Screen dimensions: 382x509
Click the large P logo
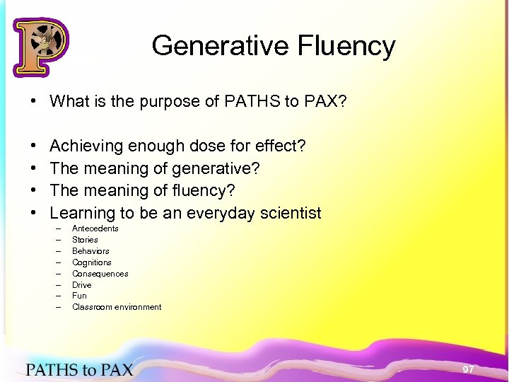40,47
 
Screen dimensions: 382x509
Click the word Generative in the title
209,46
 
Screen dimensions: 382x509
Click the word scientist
288,213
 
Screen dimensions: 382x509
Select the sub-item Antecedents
95,228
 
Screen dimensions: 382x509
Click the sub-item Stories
85,240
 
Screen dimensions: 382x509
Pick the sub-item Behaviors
90,251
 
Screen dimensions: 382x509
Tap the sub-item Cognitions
92,262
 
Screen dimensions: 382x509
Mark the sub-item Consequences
100,274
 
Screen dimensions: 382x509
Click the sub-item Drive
82,285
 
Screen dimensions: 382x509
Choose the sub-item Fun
79,296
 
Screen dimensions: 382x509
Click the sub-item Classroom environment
117,307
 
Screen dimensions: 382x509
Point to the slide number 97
468,369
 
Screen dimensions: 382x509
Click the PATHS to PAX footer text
79,369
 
